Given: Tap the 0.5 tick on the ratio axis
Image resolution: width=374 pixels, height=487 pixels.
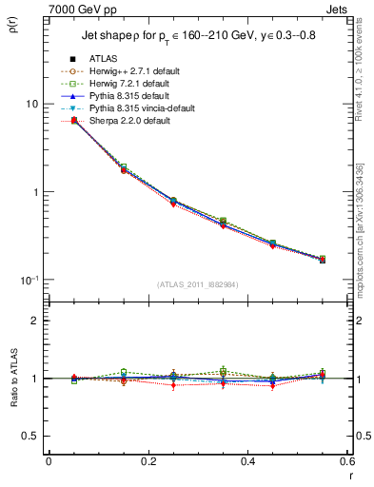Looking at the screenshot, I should pos(31,436).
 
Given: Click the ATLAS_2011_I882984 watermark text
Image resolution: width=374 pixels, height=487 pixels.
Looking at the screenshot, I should pos(197,284).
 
